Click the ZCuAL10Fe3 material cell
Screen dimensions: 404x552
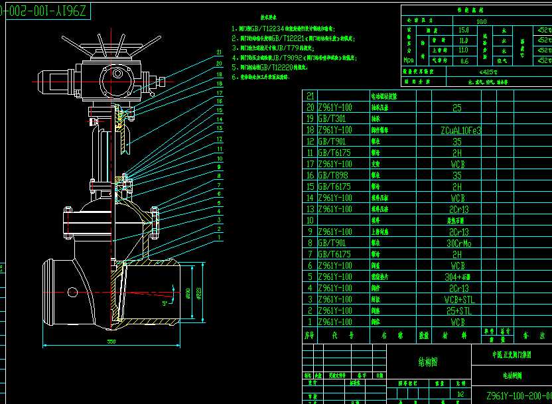(456, 130)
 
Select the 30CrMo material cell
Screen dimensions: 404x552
(456, 243)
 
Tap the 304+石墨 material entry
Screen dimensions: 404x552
(456, 277)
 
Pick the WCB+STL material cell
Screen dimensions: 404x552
(456, 299)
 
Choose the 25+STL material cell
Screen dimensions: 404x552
(456, 310)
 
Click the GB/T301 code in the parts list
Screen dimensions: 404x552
(332, 119)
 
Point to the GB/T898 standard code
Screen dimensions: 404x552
(333, 175)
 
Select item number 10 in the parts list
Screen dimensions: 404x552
(309, 220)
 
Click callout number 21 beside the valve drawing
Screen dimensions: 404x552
(219, 51)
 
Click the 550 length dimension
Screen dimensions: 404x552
(111, 341)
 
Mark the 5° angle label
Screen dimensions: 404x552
(165, 304)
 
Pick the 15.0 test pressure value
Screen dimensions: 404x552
(464, 31)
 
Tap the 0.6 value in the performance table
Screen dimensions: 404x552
(464, 61)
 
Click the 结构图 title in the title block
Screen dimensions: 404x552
(413, 362)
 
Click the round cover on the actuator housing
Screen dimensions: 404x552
(117, 74)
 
